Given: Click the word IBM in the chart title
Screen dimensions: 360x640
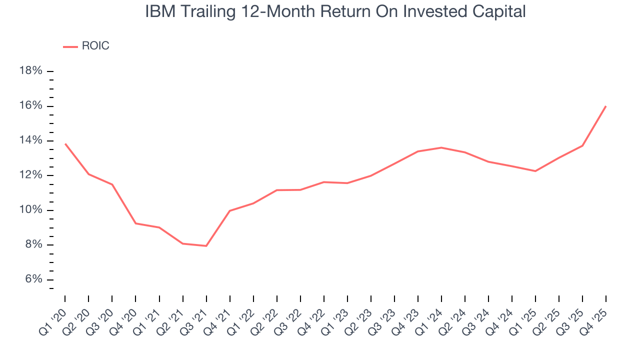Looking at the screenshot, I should click(159, 11).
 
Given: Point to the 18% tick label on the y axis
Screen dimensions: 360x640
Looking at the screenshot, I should click(30, 71).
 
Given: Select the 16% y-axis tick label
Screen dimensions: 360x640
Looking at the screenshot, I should click(30, 106).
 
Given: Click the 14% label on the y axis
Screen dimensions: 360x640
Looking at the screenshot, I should click(30, 140).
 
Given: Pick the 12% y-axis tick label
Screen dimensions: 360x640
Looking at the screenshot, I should click(30, 175).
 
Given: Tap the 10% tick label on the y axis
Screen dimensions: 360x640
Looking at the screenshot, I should click(30, 210).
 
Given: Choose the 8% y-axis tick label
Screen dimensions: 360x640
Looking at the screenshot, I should click(32, 245).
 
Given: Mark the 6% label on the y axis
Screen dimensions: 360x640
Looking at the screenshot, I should click(32, 279).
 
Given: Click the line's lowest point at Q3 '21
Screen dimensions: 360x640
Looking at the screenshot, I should click(206, 246).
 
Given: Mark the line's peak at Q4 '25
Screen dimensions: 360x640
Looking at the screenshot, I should click(606, 106).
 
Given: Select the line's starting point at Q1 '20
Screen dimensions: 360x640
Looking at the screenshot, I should click(65, 144).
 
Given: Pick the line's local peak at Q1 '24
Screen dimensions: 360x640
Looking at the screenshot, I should click(441, 147).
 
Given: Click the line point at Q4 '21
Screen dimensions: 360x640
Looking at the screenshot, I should click(229, 210).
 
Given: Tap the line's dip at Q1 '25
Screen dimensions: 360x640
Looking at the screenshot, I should click(535, 171).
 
